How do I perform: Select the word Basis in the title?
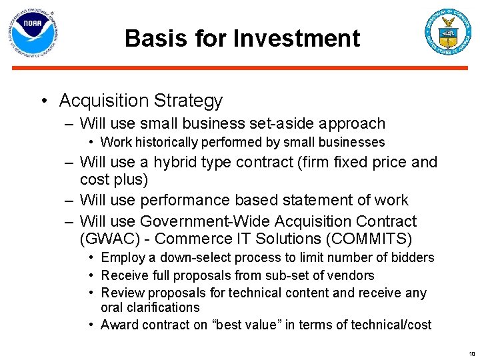(x=154, y=38)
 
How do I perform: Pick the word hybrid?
(x=173, y=162)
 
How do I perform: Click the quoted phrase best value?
(x=241, y=325)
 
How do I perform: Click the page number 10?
(x=471, y=353)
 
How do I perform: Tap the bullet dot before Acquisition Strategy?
(x=42, y=101)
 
